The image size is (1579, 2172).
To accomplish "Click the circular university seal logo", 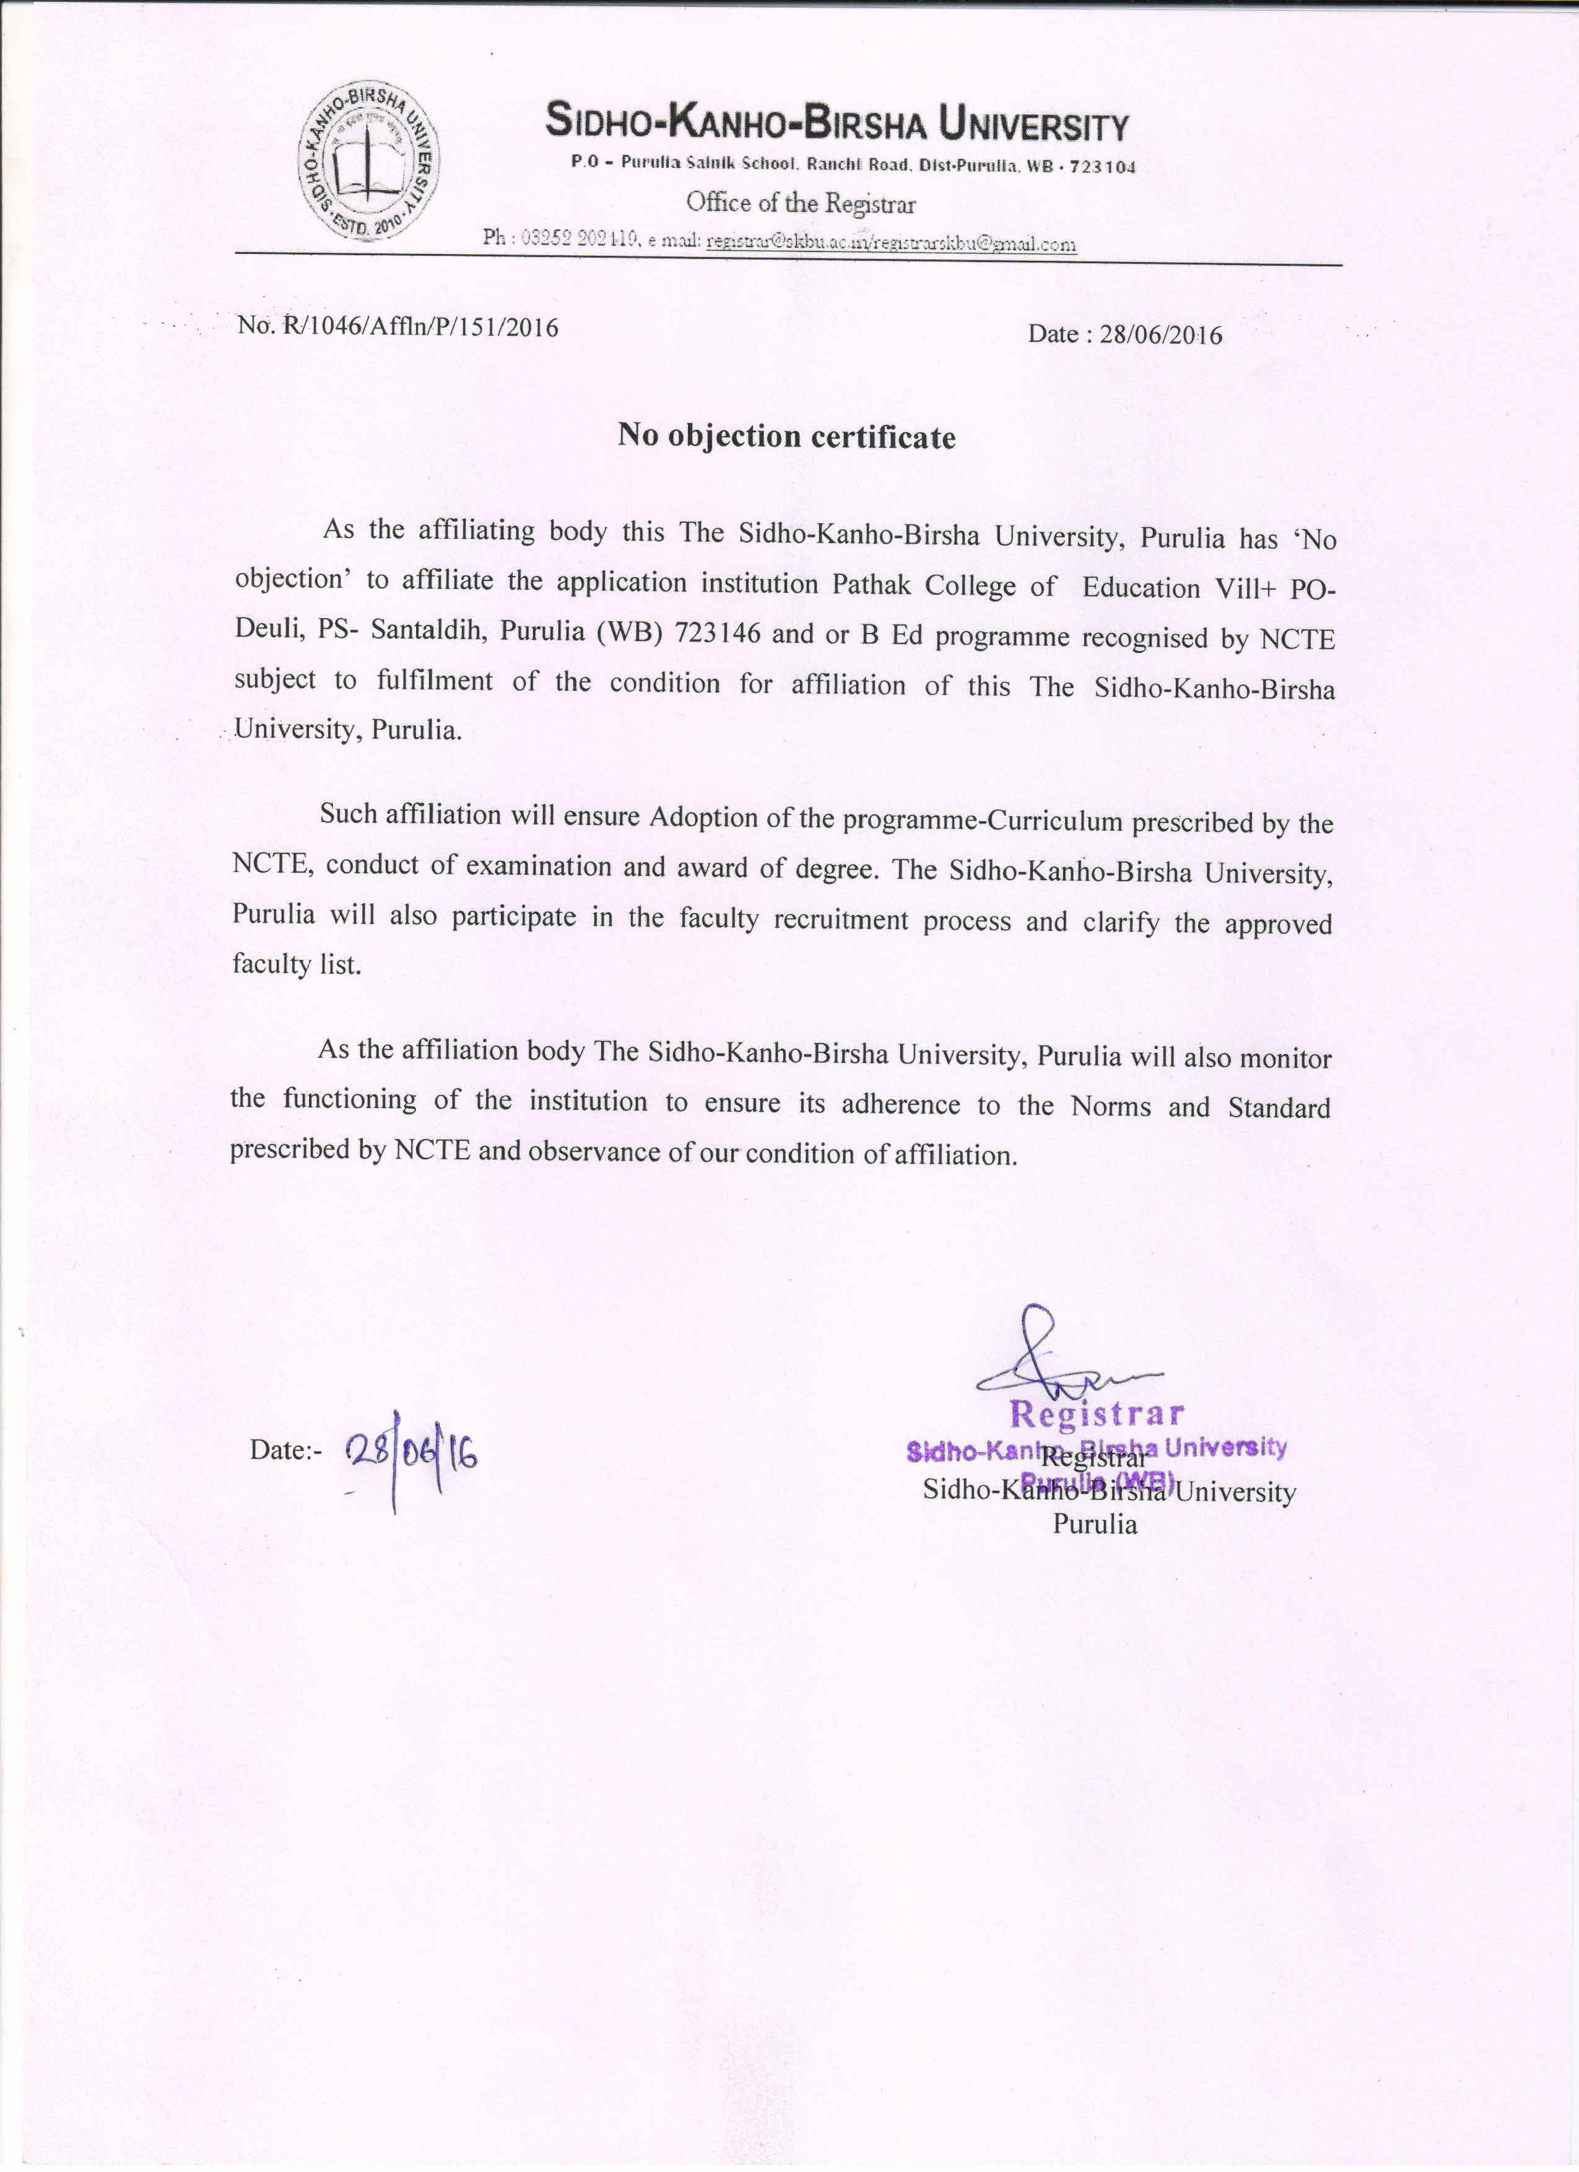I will pos(368,160).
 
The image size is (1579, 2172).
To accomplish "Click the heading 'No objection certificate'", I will pos(786,437).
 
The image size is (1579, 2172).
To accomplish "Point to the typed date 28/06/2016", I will pos(1160,334).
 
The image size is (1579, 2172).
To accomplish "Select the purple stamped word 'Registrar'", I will pos(1097,1413).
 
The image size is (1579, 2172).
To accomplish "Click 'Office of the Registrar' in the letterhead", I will pos(801,204).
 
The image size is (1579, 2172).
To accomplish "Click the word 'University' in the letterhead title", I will pos(1033,124).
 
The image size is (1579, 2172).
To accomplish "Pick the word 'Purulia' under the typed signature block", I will pos(1095,1525).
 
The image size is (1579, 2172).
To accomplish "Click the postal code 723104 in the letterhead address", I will pos(1102,167).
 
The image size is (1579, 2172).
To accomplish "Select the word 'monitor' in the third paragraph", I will pos(1286,1058).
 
